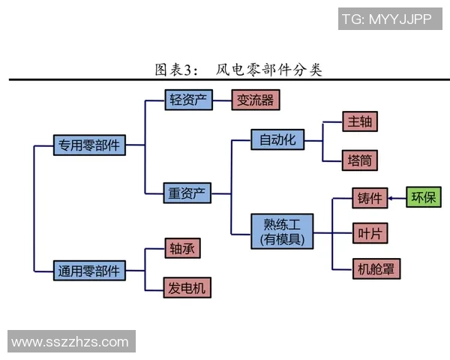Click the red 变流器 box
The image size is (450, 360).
(x=254, y=100)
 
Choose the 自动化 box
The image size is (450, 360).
(x=277, y=139)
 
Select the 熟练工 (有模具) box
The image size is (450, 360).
(x=282, y=231)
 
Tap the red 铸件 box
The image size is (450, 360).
(x=370, y=198)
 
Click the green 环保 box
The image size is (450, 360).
(x=424, y=198)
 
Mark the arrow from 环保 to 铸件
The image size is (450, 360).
(x=397, y=198)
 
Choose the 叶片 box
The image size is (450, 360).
(x=370, y=233)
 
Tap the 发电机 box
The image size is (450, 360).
(x=188, y=286)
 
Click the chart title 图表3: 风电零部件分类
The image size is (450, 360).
(x=238, y=70)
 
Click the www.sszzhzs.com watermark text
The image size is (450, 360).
(x=70, y=341)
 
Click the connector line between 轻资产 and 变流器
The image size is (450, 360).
(x=222, y=100)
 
